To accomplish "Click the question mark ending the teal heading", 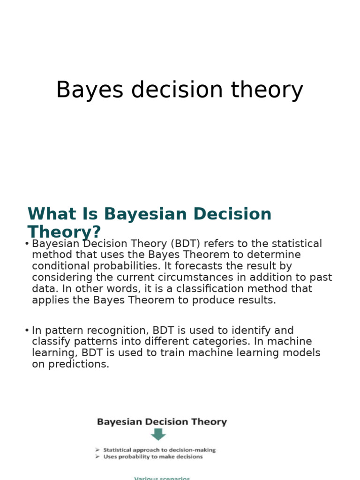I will click(x=97, y=232).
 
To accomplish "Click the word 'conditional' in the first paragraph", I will click(x=61, y=266).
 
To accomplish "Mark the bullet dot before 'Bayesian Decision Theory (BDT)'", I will click(x=27, y=244).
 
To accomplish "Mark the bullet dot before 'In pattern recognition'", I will click(x=27, y=330).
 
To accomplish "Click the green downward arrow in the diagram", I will click(x=158, y=434).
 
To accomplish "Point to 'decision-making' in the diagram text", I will click(x=194, y=450).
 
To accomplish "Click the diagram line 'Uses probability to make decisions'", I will click(x=153, y=457).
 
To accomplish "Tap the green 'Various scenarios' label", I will click(x=162, y=478).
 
